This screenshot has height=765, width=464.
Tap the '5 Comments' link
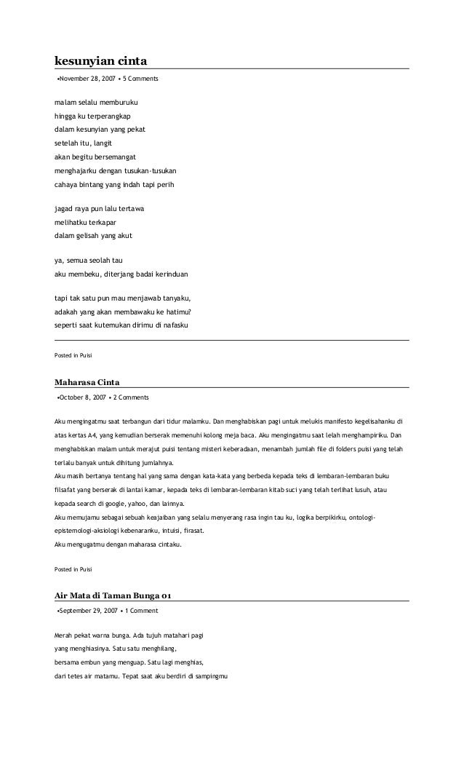140,78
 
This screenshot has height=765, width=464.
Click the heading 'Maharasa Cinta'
87,381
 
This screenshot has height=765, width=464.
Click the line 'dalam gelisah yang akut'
94,236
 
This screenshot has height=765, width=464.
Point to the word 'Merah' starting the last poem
64,635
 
